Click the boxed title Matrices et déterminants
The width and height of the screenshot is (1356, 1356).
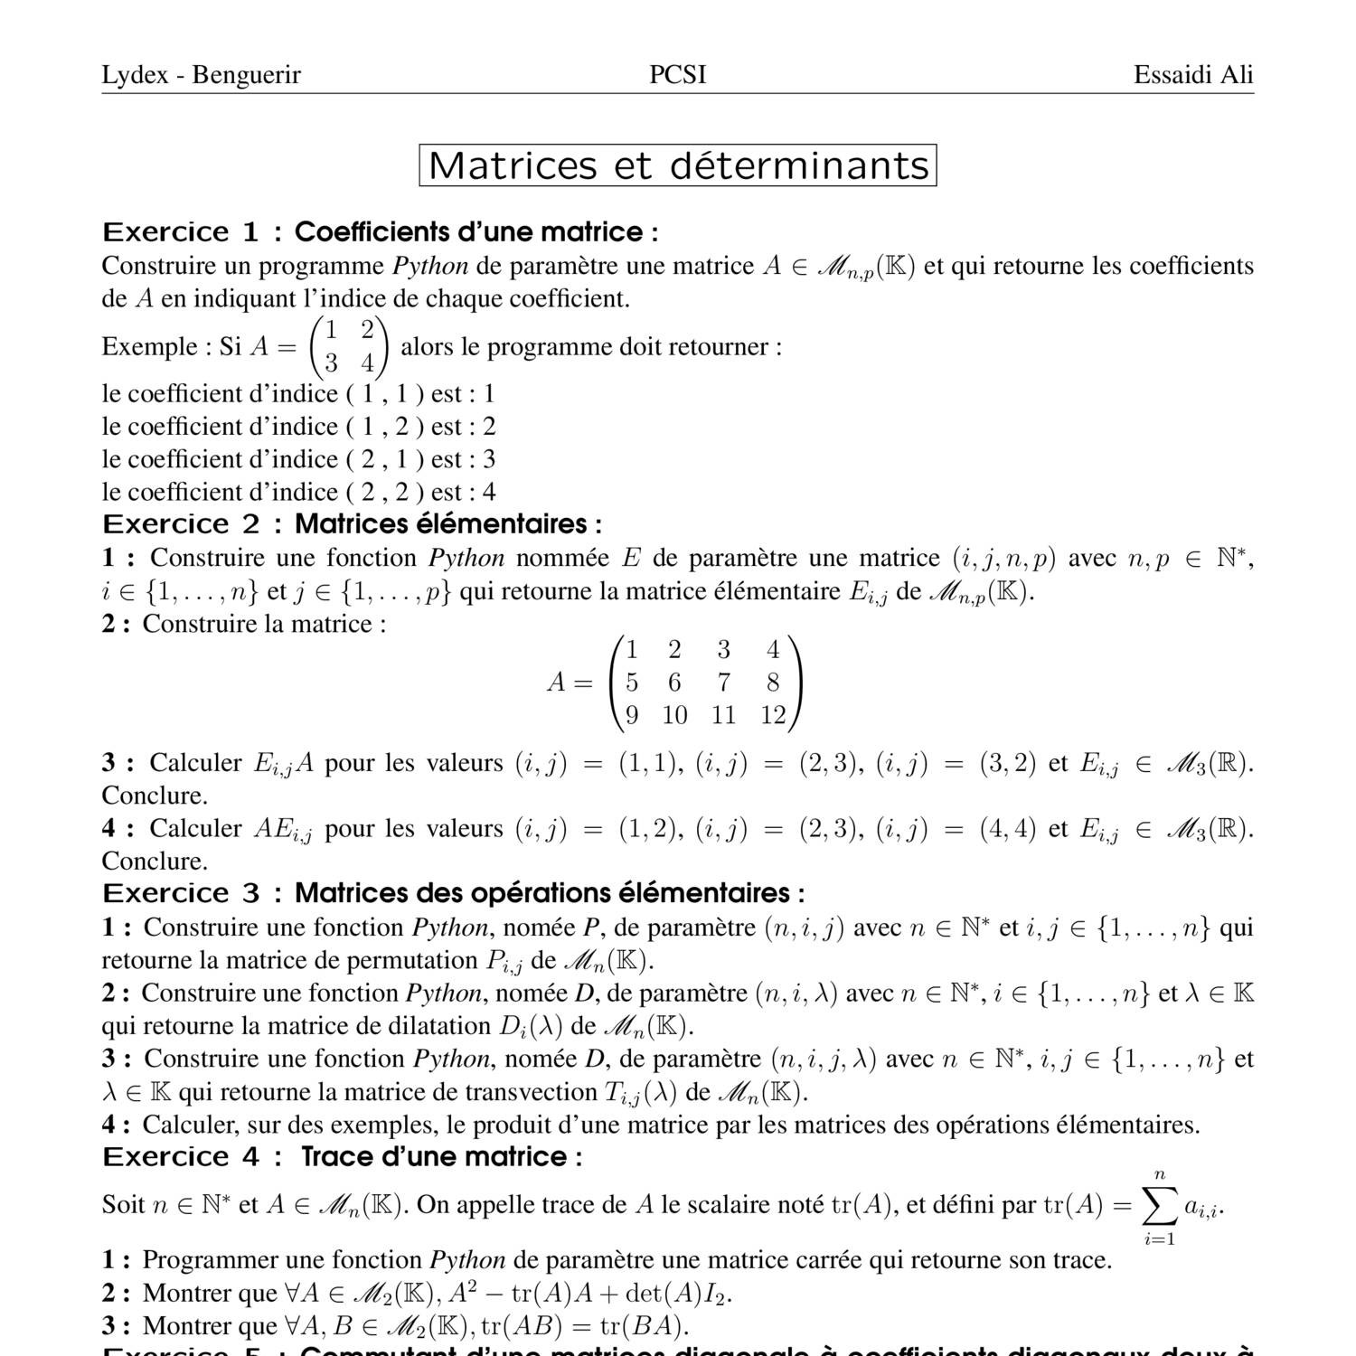[x=678, y=165]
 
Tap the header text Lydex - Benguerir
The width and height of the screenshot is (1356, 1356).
[x=201, y=75]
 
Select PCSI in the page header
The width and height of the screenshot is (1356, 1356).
[x=678, y=75]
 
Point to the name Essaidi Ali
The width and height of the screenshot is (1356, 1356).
[x=1193, y=75]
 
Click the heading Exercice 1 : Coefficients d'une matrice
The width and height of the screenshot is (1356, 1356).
[x=380, y=232]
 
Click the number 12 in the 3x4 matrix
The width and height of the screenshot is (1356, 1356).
[x=773, y=716]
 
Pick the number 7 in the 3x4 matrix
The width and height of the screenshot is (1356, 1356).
[x=723, y=683]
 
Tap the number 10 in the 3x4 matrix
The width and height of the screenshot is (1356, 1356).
[x=674, y=716]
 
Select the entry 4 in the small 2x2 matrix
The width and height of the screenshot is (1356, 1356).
[x=367, y=363]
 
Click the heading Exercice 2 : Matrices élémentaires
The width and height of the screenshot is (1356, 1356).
[x=353, y=524]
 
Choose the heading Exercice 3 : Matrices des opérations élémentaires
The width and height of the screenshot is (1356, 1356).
[x=453, y=893]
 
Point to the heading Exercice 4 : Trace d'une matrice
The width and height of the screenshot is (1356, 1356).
[x=343, y=1157]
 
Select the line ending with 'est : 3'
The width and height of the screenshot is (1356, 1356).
[x=298, y=459]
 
